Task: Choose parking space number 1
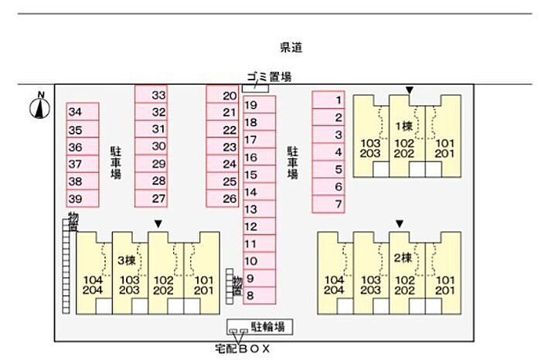(x=328, y=100)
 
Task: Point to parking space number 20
(x=221, y=96)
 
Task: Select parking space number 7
(x=328, y=205)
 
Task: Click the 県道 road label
(x=291, y=48)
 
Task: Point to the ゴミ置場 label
(x=269, y=76)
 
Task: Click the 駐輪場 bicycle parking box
(x=258, y=328)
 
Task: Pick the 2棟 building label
(x=402, y=257)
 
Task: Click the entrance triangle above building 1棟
(x=410, y=90)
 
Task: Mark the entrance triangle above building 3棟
(x=158, y=224)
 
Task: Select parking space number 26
(x=221, y=199)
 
